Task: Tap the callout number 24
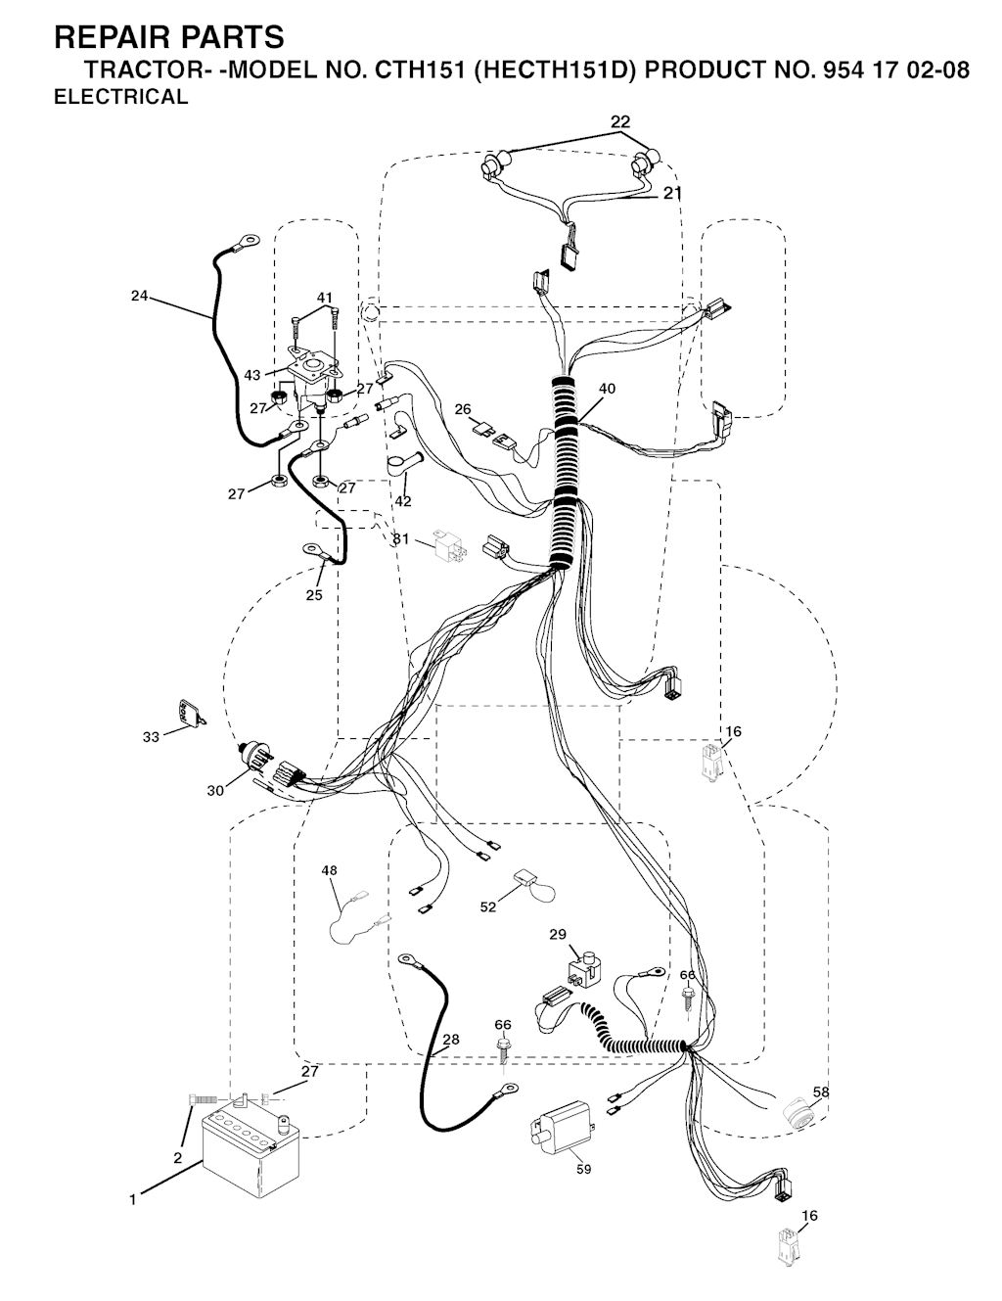tap(139, 296)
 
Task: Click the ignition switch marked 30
tap(254, 759)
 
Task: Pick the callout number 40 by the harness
tap(607, 389)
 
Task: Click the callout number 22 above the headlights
tap(620, 122)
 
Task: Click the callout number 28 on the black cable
tap(450, 1040)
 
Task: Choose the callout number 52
tap(488, 906)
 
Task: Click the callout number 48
tap(330, 870)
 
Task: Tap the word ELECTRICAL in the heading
tap(121, 97)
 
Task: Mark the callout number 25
tap(313, 595)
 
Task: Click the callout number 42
tap(403, 501)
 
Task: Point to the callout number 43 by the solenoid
tap(252, 375)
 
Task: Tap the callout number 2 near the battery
tap(177, 1158)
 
